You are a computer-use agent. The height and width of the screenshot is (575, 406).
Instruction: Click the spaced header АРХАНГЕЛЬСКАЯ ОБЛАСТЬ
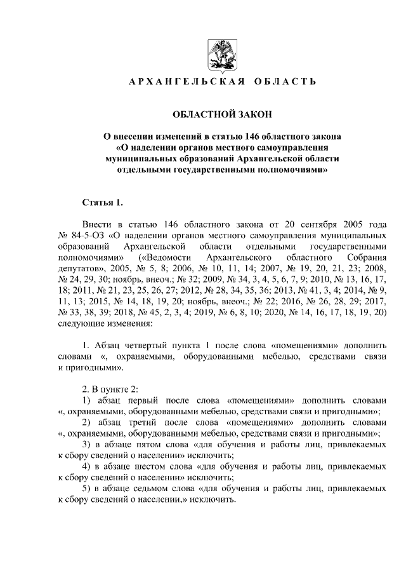click(x=221, y=83)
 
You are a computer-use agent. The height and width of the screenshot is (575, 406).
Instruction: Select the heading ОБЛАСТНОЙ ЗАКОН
click(x=221, y=114)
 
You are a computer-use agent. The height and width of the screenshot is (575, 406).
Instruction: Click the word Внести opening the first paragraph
click(x=96, y=225)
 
